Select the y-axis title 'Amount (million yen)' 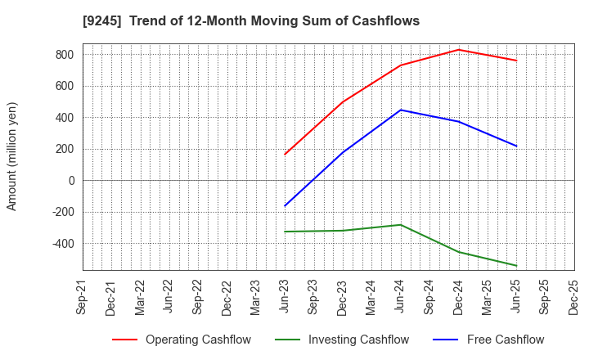[x=12, y=156]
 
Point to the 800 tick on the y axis [x=65, y=55]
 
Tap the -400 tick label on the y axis [x=61, y=244]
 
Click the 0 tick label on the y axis [x=70, y=181]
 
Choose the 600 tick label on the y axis [x=65, y=86]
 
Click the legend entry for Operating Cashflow [x=182, y=340]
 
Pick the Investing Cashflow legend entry [x=344, y=340]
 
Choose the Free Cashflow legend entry [x=492, y=340]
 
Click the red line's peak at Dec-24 [x=458, y=50]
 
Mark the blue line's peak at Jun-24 [x=401, y=110]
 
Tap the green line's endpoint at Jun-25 [x=516, y=265]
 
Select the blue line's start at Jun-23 [x=285, y=206]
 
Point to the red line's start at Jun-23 [x=285, y=155]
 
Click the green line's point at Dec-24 [x=458, y=252]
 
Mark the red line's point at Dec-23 [x=343, y=102]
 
